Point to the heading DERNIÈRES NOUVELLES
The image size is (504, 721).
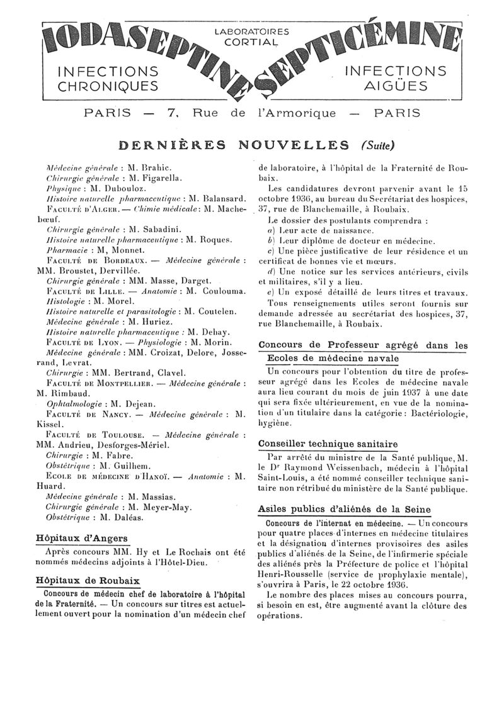pos(234,145)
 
